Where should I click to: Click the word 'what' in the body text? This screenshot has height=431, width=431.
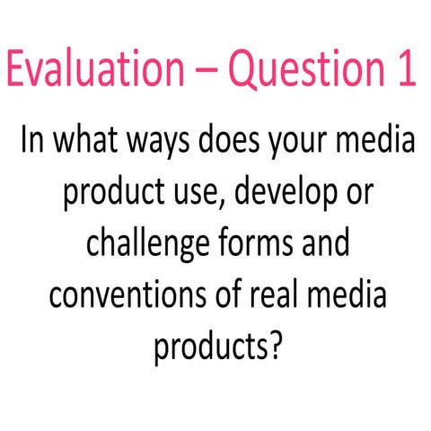tap(93, 143)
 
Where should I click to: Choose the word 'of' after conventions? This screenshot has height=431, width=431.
tap(227, 295)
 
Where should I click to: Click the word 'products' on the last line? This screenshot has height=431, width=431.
tap(207, 347)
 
